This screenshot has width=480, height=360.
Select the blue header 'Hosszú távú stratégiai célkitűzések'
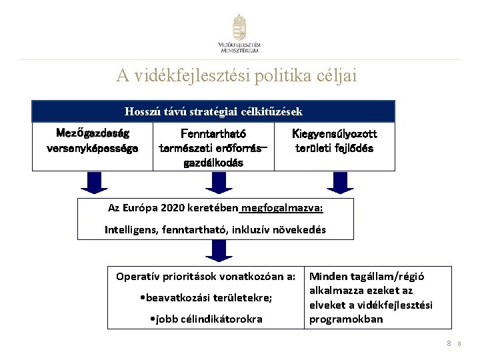[x=213, y=111]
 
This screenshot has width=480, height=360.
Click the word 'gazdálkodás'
[x=214, y=164]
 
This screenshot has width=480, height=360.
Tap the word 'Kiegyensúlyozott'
[x=334, y=133]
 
